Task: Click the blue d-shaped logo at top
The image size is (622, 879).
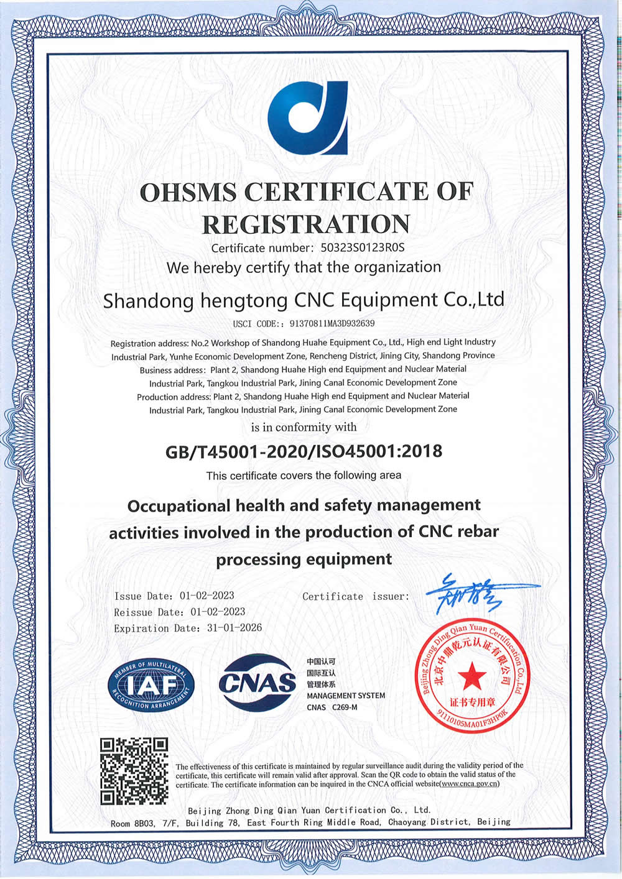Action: pyautogui.click(x=308, y=117)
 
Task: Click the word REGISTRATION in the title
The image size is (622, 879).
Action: pyautogui.click(x=306, y=224)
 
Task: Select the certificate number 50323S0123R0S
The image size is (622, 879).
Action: pyautogui.click(x=363, y=247)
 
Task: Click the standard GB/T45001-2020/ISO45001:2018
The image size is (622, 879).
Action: pyautogui.click(x=304, y=451)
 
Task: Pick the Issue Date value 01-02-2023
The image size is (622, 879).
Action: pyautogui.click(x=207, y=596)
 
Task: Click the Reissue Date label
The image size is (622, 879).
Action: pyautogui.click(x=149, y=612)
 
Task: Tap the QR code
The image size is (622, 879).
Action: pyautogui.click(x=134, y=771)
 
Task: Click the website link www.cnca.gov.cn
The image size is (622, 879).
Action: pyautogui.click(x=469, y=785)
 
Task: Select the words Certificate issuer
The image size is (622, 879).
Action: pyautogui.click(x=355, y=597)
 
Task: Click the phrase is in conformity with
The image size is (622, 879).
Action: pyautogui.click(x=304, y=427)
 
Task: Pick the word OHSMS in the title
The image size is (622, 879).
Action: pyautogui.click(x=188, y=192)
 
